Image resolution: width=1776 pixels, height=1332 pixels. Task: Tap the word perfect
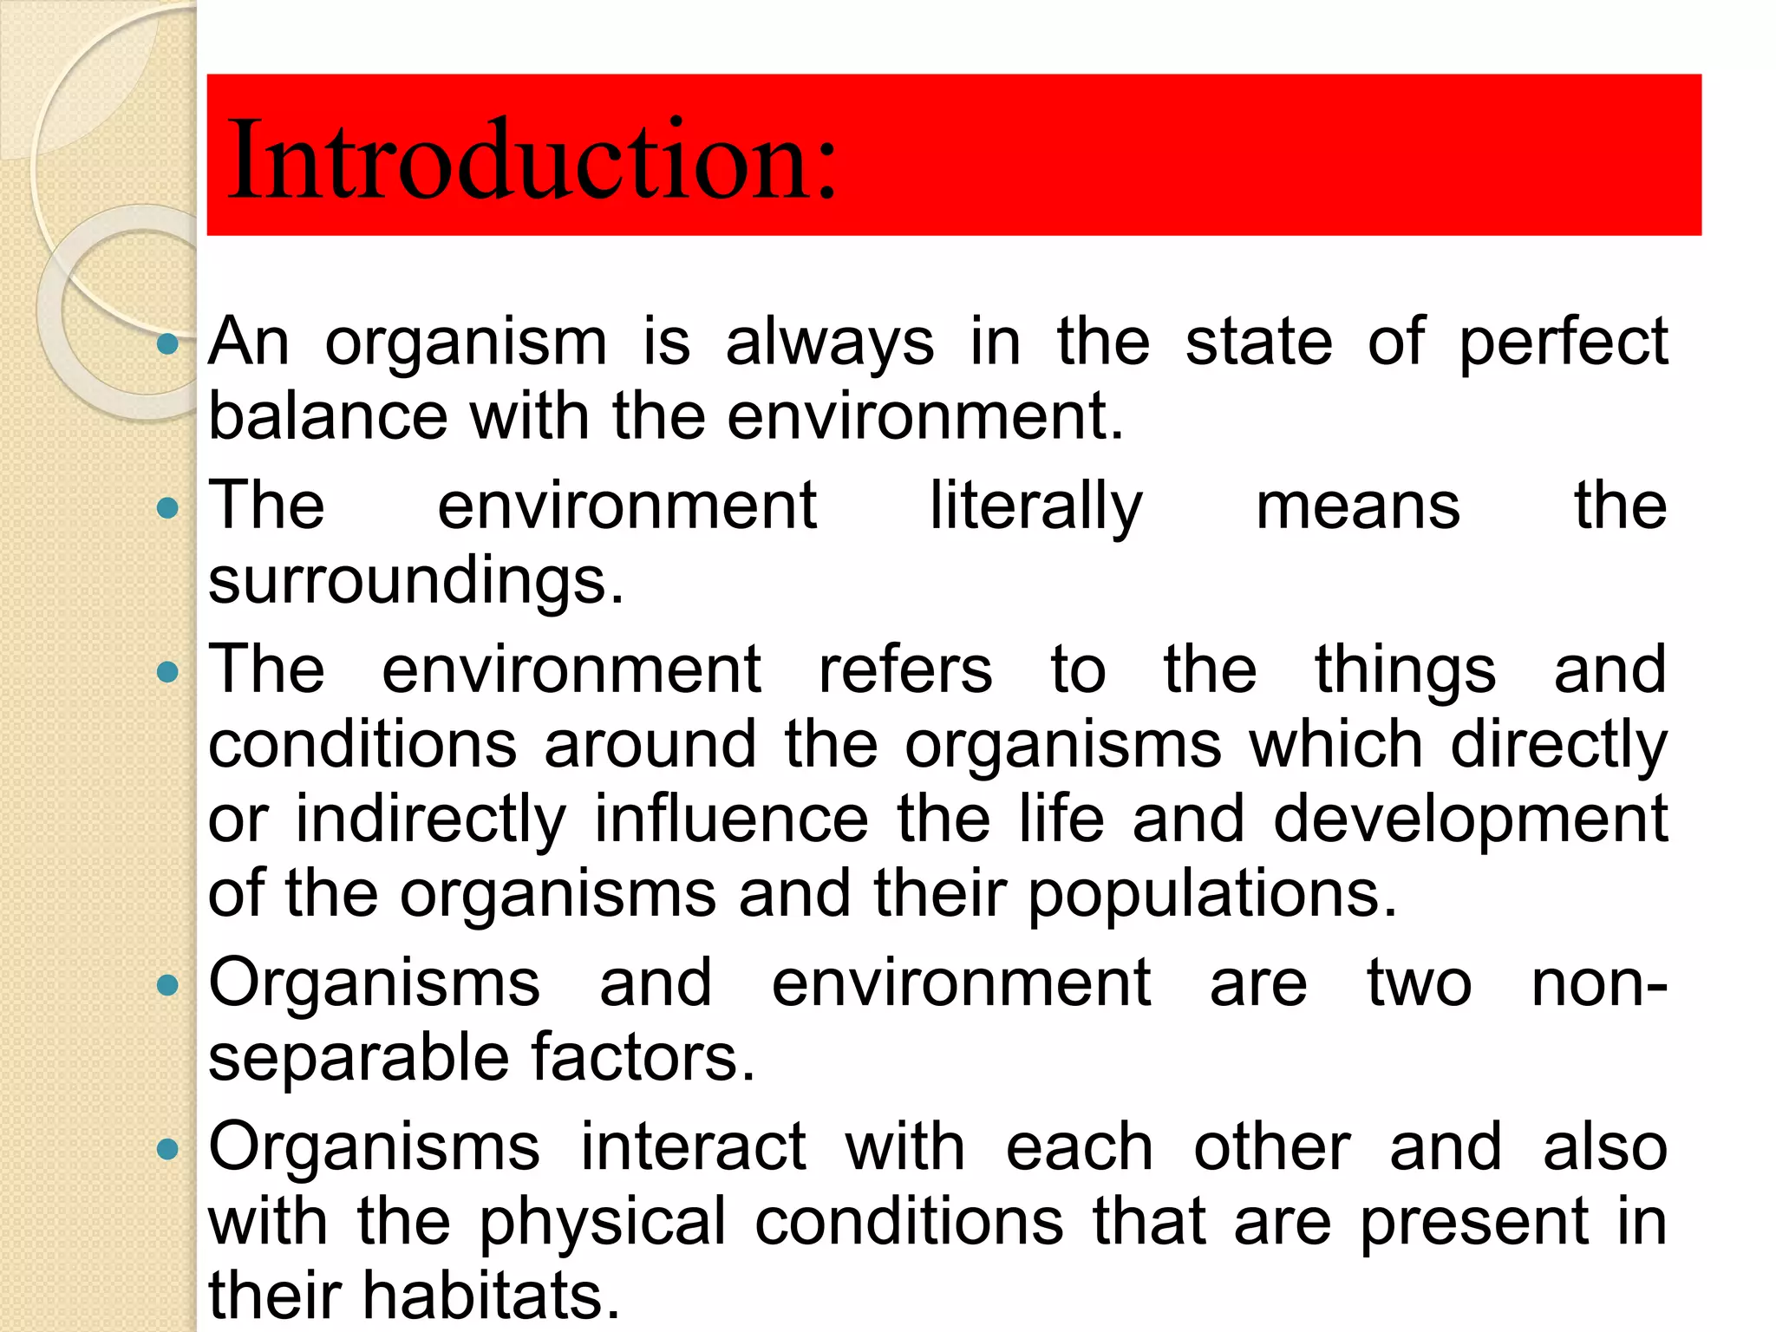point(1563,343)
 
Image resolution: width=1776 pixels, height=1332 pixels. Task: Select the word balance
point(328,416)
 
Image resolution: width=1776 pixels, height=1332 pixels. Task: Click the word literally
point(1035,506)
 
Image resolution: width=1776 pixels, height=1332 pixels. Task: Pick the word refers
point(904,669)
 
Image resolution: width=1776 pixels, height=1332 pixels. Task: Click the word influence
point(730,819)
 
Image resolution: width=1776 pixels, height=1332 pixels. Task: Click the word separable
point(358,1059)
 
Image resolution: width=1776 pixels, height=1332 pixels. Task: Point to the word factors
point(643,1057)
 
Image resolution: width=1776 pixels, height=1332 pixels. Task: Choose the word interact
point(693,1147)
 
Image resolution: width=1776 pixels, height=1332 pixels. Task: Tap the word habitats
point(490,1296)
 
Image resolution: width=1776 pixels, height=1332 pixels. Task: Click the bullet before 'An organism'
point(167,344)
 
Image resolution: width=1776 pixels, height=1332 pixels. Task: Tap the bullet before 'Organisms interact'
point(167,1150)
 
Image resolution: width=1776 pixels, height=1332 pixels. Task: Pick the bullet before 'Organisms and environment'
point(167,985)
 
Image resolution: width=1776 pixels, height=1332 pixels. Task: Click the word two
point(1419,984)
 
